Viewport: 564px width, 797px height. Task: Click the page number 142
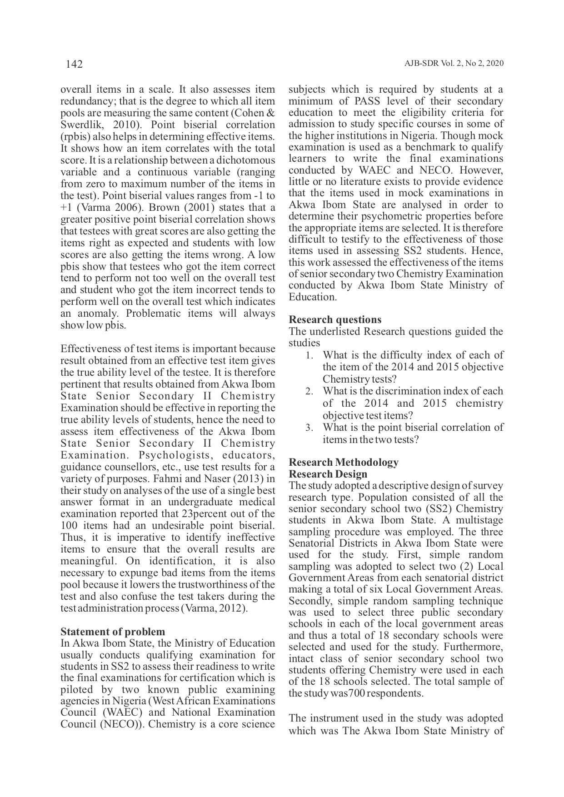pyautogui.click(x=74, y=64)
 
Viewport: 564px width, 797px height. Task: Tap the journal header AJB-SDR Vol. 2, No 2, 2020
pyautogui.click(x=454, y=64)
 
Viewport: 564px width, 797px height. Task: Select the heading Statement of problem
pyautogui.click(x=113, y=632)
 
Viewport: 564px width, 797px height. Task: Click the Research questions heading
pyautogui.click(x=335, y=319)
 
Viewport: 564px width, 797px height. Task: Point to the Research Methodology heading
pyautogui.click(x=344, y=462)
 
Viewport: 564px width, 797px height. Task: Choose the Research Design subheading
pyautogui.click(x=328, y=474)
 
